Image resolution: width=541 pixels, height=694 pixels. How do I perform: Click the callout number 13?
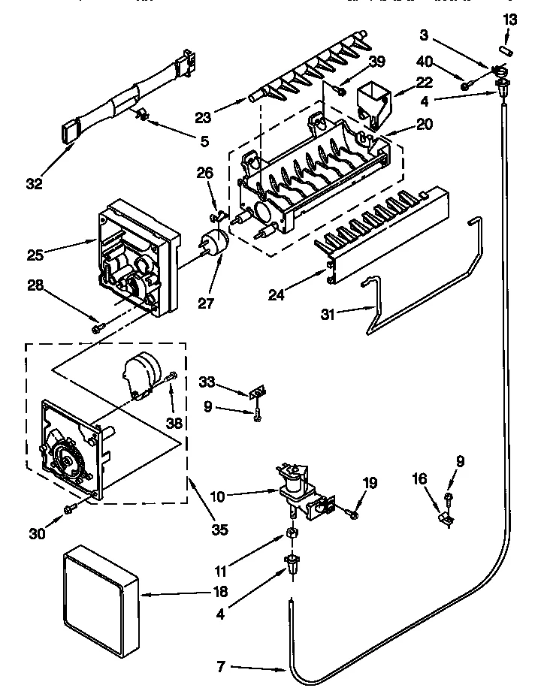(x=510, y=20)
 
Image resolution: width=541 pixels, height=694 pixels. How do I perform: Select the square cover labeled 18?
(x=102, y=594)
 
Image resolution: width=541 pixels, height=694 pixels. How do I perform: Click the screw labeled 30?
(x=68, y=510)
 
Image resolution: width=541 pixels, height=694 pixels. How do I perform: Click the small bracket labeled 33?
(x=257, y=392)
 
